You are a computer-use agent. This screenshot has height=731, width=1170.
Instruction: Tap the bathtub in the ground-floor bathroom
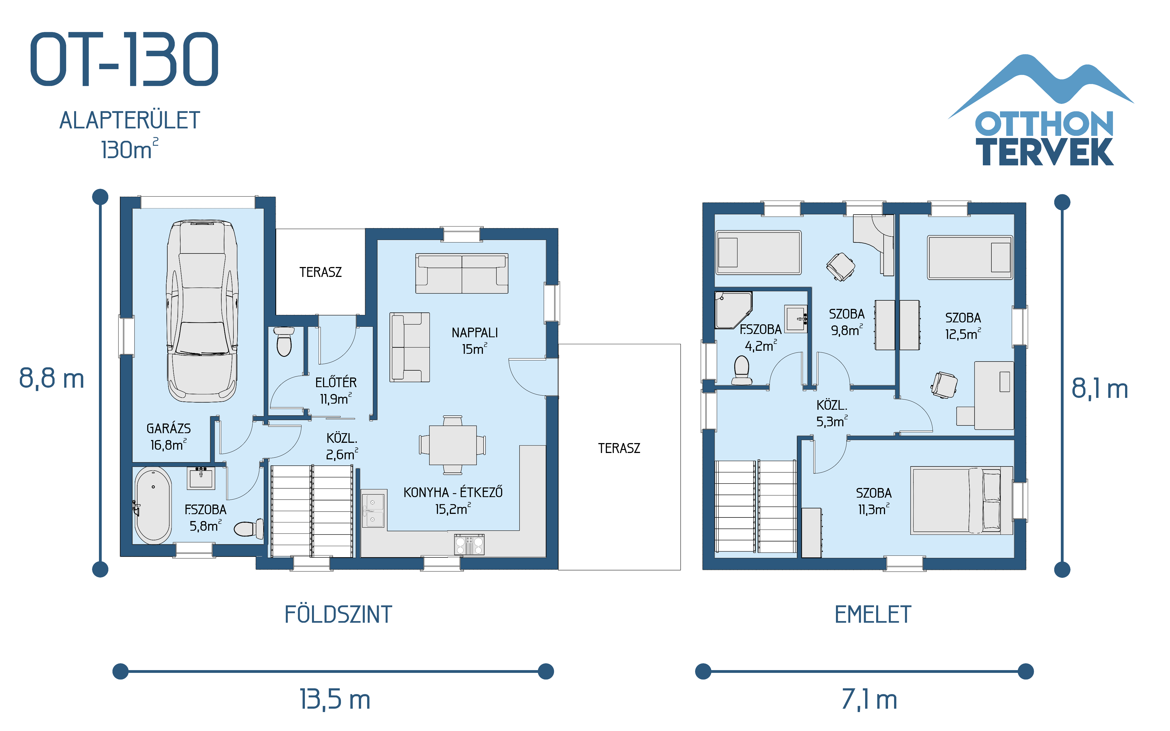pyautogui.click(x=153, y=505)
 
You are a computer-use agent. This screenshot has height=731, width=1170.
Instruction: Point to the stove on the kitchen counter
pyautogui.click(x=469, y=544)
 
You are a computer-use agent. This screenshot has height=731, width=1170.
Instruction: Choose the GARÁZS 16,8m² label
pyautogui.click(x=168, y=436)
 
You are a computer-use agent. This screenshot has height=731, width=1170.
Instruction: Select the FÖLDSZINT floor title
pyautogui.click(x=338, y=614)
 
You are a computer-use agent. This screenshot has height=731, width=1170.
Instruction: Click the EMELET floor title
pyautogui.click(x=873, y=614)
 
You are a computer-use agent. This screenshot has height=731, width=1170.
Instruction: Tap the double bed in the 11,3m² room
pyautogui.click(x=961, y=500)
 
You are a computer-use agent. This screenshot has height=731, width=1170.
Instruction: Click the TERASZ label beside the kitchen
pyautogui.click(x=619, y=448)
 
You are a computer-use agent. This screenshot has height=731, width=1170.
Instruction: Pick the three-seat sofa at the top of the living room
pyautogui.click(x=462, y=274)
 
